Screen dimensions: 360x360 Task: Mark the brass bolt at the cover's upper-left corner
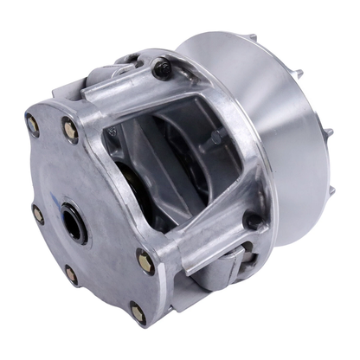33,124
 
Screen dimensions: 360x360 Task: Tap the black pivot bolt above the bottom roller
250,221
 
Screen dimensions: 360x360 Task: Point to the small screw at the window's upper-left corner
112,132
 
